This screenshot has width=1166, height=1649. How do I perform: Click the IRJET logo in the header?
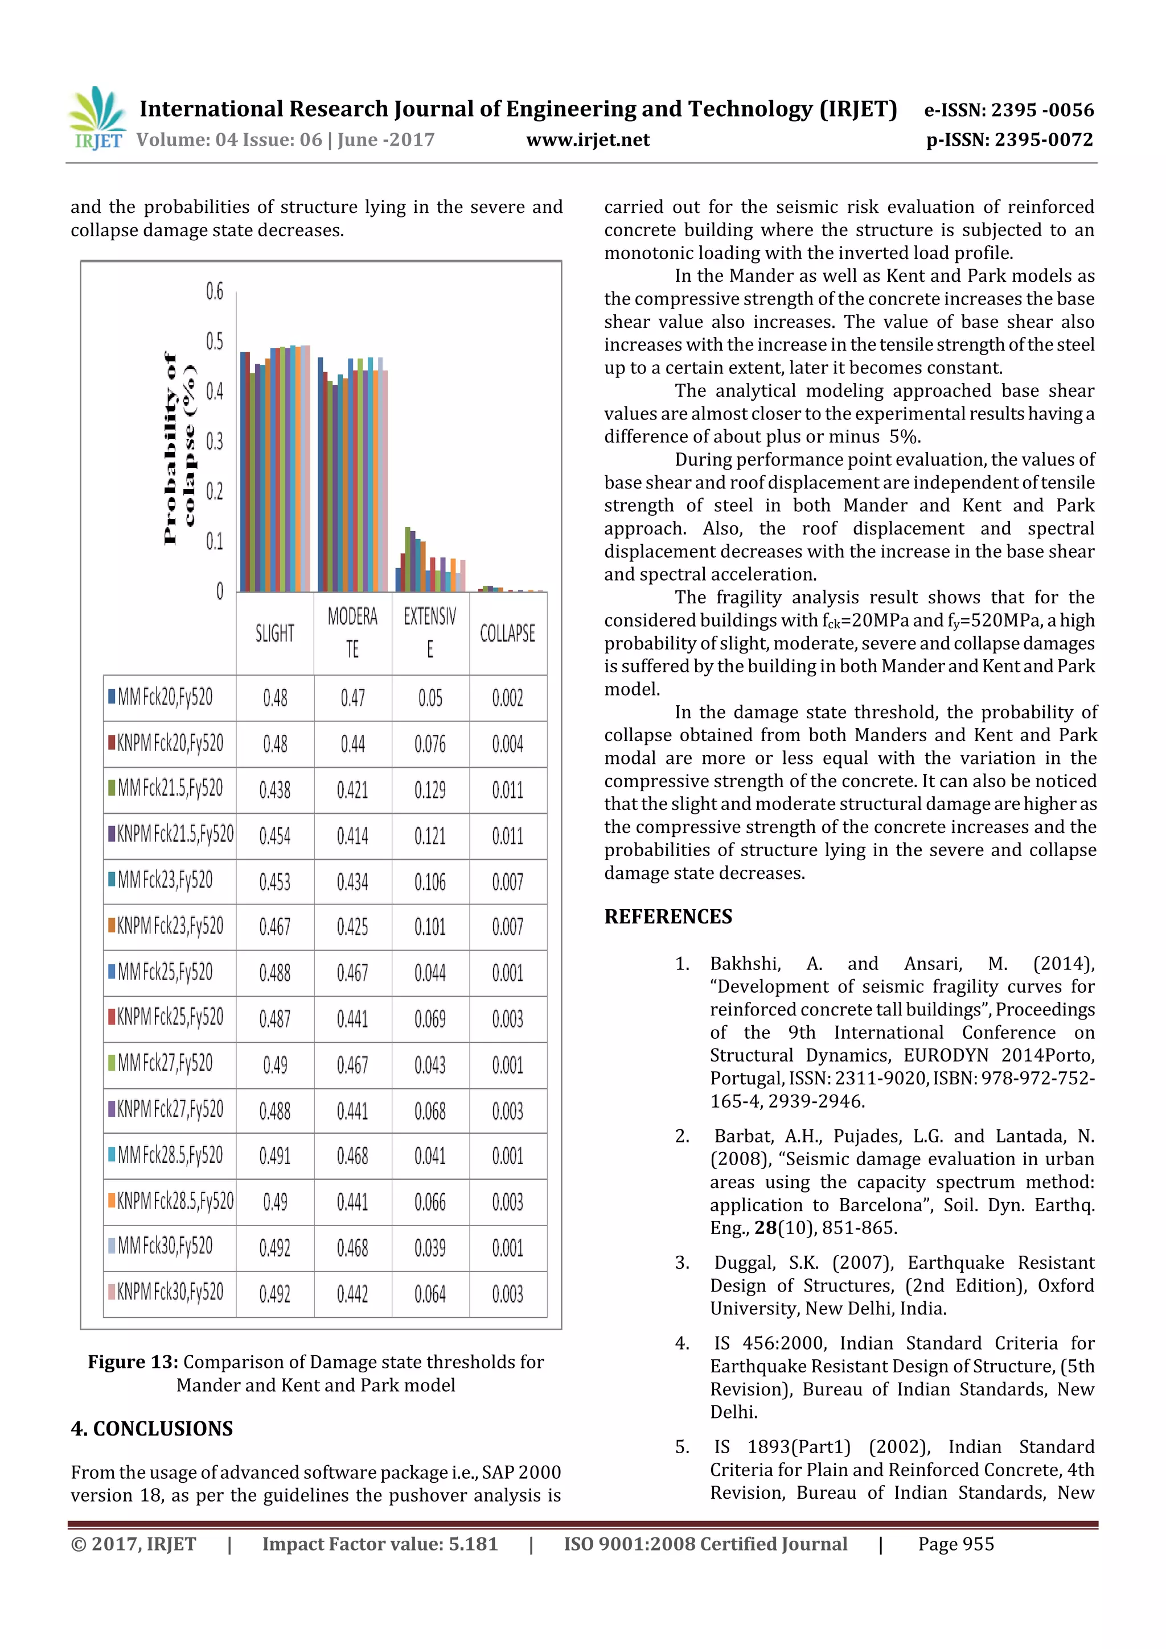(x=97, y=118)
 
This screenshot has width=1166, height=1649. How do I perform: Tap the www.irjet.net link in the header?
(x=588, y=140)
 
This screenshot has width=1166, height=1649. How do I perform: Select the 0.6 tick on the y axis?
(x=214, y=291)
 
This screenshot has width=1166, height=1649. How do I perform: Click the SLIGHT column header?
(x=274, y=634)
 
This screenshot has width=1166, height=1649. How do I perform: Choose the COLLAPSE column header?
(x=507, y=634)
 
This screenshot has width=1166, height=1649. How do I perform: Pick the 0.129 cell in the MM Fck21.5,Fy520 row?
(x=430, y=790)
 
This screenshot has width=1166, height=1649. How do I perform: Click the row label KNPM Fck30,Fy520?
(x=170, y=1292)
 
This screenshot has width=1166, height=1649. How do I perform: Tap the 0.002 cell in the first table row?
(x=507, y=698)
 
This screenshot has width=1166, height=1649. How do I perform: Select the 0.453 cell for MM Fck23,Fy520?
(x=274, y=882)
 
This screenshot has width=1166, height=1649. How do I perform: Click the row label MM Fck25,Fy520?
(x=165, y=972)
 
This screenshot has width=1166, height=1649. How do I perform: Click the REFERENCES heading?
(x=668, y=917)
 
